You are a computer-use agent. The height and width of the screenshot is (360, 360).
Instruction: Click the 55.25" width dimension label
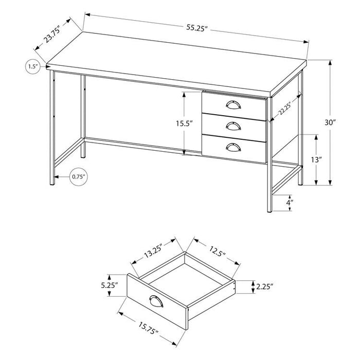[x=197, y=28]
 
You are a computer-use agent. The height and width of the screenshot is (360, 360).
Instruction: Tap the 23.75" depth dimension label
[x=52, y=34]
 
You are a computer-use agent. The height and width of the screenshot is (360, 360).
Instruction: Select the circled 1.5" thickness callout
[x=32, y=66]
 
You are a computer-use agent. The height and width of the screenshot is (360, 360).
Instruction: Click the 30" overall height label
[x=330, y=122]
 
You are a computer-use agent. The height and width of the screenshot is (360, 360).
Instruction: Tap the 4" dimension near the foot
[x=290, y=203]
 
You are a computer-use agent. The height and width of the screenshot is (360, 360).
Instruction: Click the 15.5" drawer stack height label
[x=184, y=124]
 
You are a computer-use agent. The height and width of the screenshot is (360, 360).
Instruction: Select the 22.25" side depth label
[x=285, y=109]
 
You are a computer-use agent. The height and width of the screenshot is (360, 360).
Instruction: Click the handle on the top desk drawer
[x=233, y=105]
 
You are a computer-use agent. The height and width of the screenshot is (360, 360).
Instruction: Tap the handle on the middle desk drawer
[x=233, y=126]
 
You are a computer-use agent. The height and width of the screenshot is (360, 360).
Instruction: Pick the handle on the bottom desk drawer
[x=233, y=147]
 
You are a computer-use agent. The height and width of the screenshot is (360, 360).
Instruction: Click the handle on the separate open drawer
[x=156, y=301]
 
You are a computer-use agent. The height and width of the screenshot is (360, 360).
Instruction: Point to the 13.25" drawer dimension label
[x=153, y=251]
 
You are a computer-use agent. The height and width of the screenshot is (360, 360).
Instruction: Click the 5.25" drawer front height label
[x=109, y=285]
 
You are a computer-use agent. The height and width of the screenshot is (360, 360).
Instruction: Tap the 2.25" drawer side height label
[x=264, y=286]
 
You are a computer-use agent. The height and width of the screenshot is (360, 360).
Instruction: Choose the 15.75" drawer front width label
[x=148, y=328]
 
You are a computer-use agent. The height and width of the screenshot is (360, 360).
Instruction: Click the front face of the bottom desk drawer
[x=234, y=149]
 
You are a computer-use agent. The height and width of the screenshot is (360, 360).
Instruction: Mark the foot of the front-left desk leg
[x=52, y=183]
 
